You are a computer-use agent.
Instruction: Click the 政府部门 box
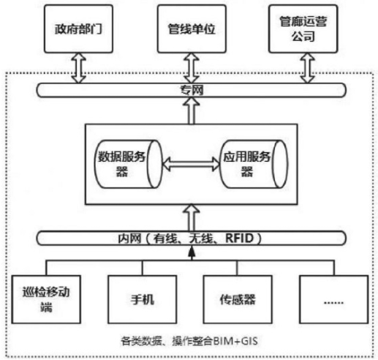[78, 29]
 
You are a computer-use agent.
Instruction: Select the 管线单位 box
[192, 29]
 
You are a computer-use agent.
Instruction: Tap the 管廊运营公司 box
[303, 29]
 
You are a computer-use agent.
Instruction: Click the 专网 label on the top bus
[192, 90]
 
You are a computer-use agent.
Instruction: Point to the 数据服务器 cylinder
[128, 164]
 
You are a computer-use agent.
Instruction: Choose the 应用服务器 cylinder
[254, 164]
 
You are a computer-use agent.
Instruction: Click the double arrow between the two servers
[191, 164]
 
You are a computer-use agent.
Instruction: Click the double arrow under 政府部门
[78, 68]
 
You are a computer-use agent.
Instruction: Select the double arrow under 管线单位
[192, 68]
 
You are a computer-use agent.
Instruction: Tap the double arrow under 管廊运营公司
[308, 68]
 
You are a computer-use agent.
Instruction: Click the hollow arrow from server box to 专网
[192, 110]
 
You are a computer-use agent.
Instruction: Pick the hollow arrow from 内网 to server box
[192, 218]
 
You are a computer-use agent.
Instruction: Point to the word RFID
[240, 239]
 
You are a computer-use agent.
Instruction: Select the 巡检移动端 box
[46, 299]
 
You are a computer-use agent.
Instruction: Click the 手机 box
[143, 299]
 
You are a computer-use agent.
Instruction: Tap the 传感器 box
[238, 299]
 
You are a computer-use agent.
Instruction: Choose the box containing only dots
[333, 299]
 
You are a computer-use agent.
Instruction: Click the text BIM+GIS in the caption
[235, 341]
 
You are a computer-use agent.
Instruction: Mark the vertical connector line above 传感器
[237, 268]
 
